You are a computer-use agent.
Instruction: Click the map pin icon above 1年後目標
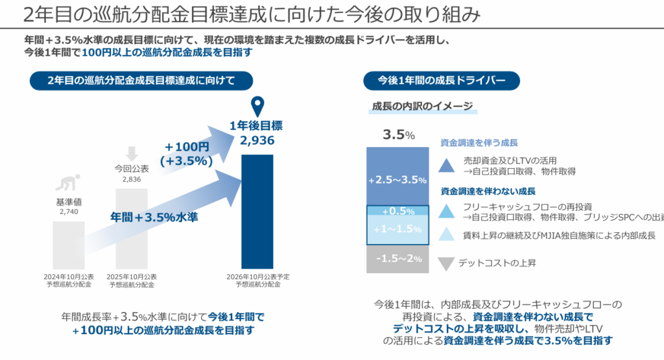[258, 106]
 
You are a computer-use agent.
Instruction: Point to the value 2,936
[257, 140]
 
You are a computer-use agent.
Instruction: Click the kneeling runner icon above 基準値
[69, 182]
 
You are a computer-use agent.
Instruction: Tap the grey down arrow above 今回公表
[132, 154]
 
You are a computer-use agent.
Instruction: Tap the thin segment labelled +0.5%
[397, 211]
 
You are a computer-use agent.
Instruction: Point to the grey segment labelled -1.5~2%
[397, 258]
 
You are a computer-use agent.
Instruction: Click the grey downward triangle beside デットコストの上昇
[445, 264]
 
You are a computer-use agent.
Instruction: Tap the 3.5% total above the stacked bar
[398, 135]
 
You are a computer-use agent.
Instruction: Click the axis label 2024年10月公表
[69, 276]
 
